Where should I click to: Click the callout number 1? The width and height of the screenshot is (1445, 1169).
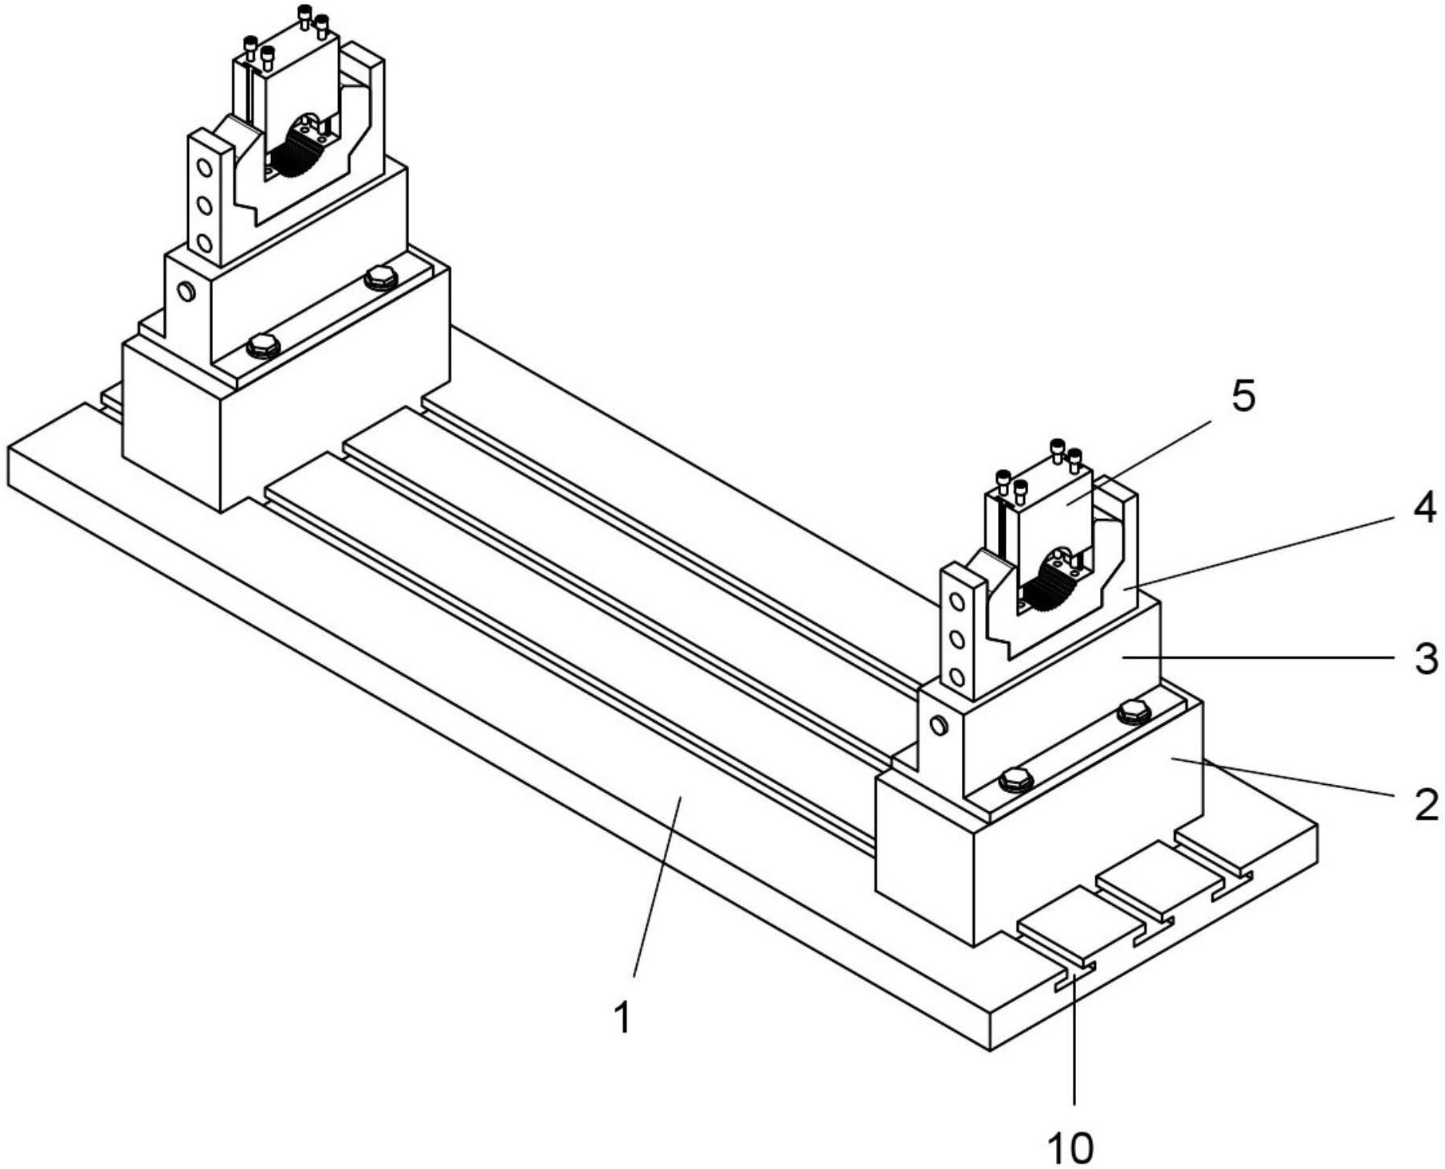click(x=623, y=1018)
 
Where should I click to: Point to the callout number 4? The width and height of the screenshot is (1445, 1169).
click(x=1425, y=508)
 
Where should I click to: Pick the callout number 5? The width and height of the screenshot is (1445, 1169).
click(x=1243, y=396)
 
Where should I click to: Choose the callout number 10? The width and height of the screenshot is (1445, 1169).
click(x=1070, y=1148)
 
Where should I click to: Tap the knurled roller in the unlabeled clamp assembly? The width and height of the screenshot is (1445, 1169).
click(x=295, y=155)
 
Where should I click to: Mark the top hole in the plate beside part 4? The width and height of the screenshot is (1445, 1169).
click(x=958, y=602)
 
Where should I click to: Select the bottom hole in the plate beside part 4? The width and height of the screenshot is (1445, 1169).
click(x=958, y=677)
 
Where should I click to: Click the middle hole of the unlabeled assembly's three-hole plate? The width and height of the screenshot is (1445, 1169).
click(x=205, y=206)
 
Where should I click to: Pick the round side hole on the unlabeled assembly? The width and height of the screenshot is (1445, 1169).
click(x=187, y=291)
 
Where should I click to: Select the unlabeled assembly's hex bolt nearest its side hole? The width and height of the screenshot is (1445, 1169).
click(x=263, y=347)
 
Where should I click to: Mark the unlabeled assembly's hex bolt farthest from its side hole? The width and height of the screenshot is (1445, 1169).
click(x=380, y=279)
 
